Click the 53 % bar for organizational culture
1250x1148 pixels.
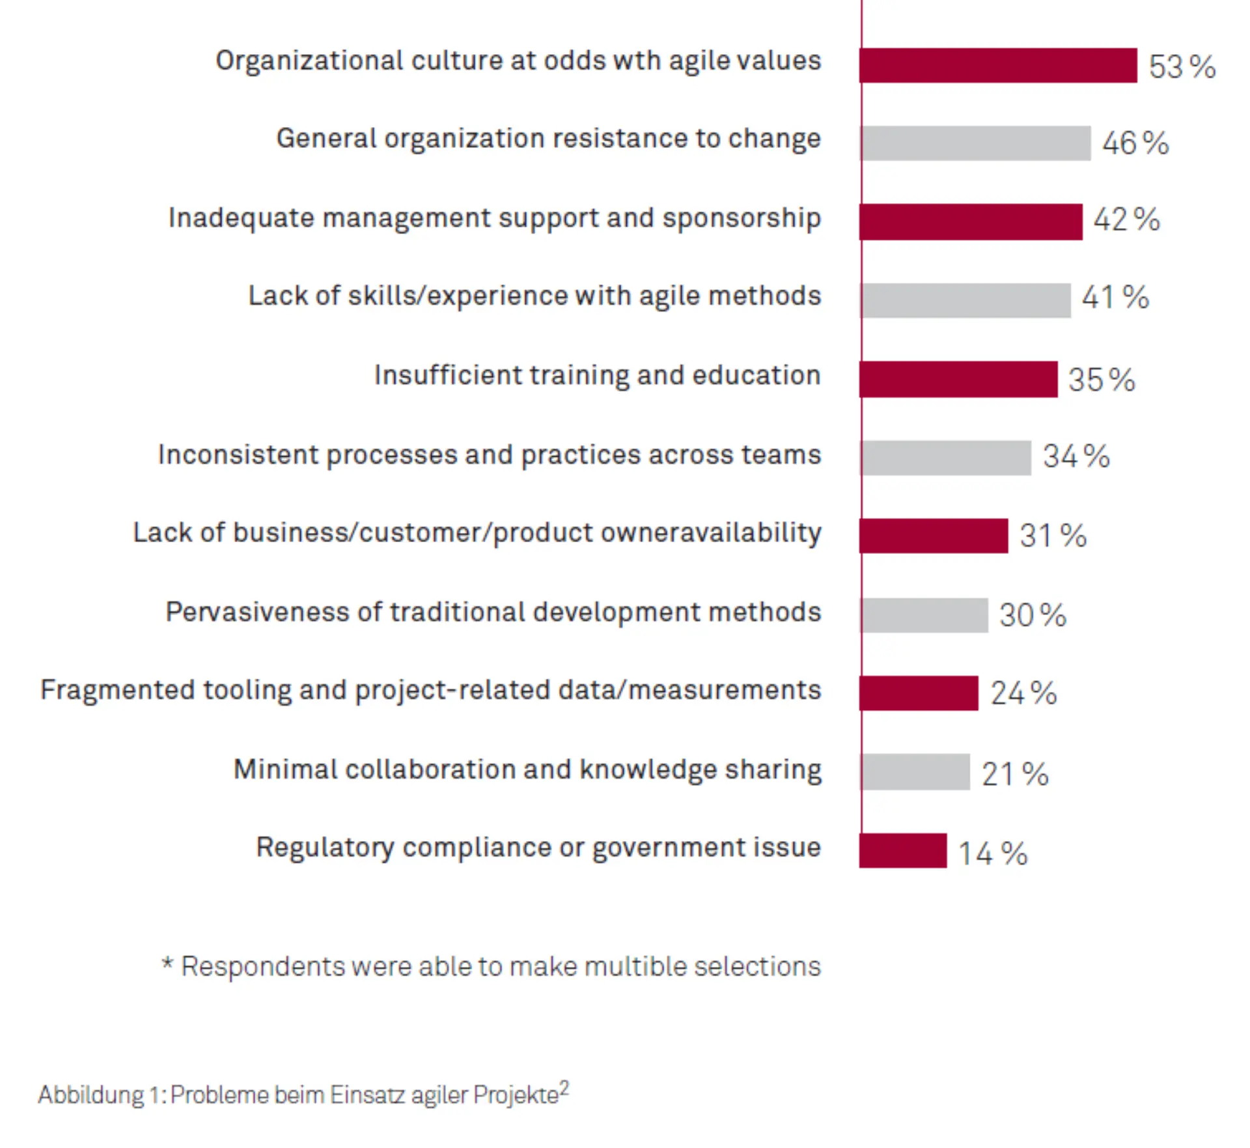tap(998, 65)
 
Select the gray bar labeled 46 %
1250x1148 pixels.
tap(975, 143)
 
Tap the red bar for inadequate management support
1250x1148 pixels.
tap(971, 222)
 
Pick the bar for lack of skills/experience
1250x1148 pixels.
tap(965, 300)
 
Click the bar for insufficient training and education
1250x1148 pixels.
tap(958, 379)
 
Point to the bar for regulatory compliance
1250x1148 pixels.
tap(903, 850)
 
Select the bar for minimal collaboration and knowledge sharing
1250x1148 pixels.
tap(915, 772)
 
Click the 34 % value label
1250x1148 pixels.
tap(1076, 456)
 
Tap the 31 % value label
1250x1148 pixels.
tap(1053, 536)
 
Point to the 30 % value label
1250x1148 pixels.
tap(1033, 615)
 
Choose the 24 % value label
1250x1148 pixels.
tap(1023, 693)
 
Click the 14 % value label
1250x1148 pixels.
tap(993, 854)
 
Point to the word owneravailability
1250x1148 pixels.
tap(711, 533)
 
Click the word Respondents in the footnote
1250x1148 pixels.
tap(262, 967)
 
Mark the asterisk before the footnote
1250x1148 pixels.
tap(167, 963)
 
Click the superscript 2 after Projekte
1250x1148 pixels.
tap(564, 1087)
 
